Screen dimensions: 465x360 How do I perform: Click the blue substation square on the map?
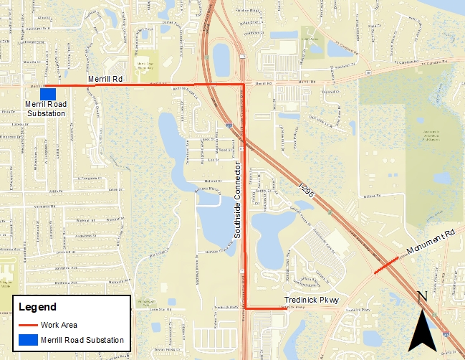[48, 94]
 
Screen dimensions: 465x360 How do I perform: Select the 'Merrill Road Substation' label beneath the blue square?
[46, 109]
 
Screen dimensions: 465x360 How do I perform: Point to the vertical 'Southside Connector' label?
[235, 200]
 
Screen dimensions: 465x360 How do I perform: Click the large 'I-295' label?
[307, 191]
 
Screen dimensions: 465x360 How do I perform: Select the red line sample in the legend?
[28, 325]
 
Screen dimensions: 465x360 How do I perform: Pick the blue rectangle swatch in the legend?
[28, 339]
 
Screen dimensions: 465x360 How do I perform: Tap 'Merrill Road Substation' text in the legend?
[82, 339]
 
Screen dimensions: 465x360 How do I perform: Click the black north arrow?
[423, 331]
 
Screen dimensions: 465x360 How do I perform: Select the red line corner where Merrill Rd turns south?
[244, 85]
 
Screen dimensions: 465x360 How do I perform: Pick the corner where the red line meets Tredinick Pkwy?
[245, 308]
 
